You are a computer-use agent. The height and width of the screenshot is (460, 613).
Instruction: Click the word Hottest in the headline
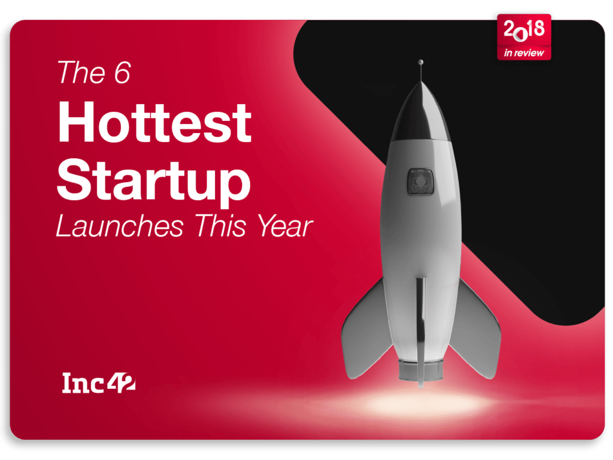pyautogui.click(x=155, y=122)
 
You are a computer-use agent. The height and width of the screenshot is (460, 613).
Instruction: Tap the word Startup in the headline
pyautogui.click(x=154, y=181)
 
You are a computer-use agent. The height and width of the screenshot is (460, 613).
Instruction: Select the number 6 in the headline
pyautogui.click(x=122, y=72)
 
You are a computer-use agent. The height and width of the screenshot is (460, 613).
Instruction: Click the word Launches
pyautogui.click(x=120, y=226)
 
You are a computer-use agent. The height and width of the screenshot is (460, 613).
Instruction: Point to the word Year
pyautogui.click(x=285, y=226)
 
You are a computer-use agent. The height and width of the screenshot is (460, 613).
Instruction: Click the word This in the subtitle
pyautogui.click(x=220, y=226)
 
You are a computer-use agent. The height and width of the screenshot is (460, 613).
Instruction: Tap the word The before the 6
pyautogui.click(x=81, y=72)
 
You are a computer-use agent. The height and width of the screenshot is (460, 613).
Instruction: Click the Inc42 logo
pyautogui.click(x=99, y=383)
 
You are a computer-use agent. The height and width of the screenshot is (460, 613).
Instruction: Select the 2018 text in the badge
pyautogui.click(x=524, y=30)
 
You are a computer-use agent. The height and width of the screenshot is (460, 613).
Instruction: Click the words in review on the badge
pyautogui.click(x=524, y=53)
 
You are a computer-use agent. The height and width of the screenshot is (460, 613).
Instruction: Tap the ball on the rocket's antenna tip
pyautogui.click(x=421, y=62)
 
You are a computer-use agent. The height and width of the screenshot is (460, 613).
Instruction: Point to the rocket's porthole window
pyautogui.click(x=421, y=181)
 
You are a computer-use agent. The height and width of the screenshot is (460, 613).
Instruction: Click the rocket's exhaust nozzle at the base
pyautogui.click(x=420, y=370)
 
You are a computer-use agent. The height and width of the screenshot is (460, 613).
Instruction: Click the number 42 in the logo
pyautogui.click(x=122, y=383)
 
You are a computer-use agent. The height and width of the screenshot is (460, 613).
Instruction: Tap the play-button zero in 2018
pyautogui.click(x=520, y=35)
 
